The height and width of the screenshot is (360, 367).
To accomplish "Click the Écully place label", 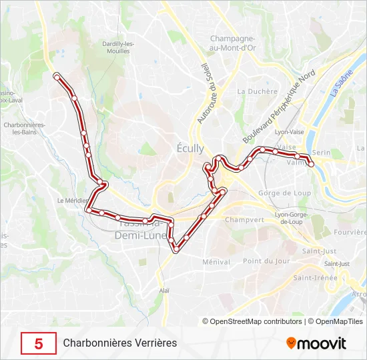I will (x=191, y=149).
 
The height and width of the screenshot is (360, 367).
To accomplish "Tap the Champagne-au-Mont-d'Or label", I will (x=234, y=43).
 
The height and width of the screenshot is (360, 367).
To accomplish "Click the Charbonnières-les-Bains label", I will (x=24, y=129).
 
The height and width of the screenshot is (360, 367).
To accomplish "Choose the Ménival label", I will (x=216, y=262).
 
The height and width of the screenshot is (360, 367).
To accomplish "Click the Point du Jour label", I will (x=266, y=261).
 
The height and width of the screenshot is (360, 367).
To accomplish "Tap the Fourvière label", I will (x=350, y=232).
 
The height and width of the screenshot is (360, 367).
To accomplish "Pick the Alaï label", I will (x=164, y=291).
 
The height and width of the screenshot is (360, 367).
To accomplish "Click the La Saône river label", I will (x=342, y=83).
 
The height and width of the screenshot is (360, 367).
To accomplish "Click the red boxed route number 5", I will (x=39, y=343).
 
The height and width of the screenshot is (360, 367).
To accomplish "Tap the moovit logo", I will (x=316, y=343).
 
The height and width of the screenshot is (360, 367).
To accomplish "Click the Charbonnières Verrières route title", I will (x=120, y=343).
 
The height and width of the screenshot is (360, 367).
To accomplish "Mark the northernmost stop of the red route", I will (x=57, y=75).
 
